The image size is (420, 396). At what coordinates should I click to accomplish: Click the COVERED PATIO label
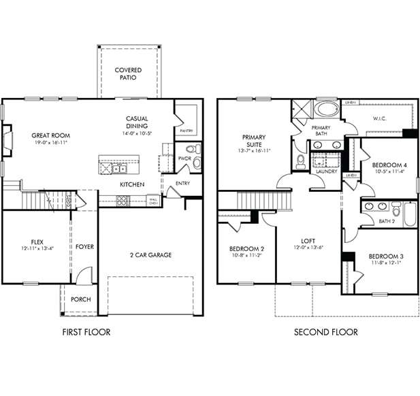click(x=128, y=73)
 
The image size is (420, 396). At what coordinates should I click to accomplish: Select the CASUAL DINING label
click(x=137, y=122)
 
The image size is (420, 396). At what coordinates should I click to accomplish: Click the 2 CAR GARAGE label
click(x=150, y=255)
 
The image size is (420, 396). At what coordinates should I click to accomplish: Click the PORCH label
click(x=81, y=299)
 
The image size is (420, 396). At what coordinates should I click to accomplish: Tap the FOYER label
click(x=85, y=246)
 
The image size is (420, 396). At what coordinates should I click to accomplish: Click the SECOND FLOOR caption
click(x=325, y=332)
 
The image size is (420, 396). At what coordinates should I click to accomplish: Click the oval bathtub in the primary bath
click(x=328, y=109)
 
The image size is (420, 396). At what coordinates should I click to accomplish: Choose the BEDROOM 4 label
click(x=389, y=165)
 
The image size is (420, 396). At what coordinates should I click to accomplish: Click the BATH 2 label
click(x=387, y=220)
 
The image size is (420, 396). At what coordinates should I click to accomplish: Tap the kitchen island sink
click(x=119, y=167)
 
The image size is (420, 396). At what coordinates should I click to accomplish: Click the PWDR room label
click(x=184, y=159)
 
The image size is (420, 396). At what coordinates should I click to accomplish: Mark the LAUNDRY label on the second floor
click(x=327, y=172)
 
